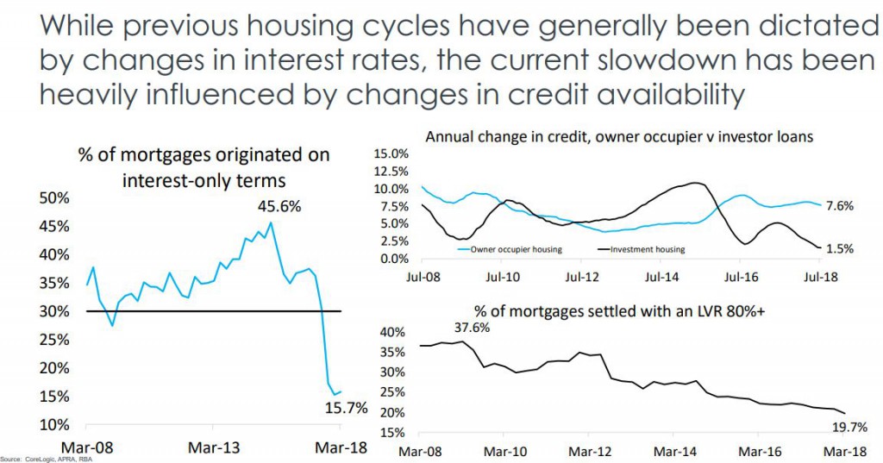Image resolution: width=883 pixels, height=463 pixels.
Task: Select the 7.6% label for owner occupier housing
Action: pos(839,206)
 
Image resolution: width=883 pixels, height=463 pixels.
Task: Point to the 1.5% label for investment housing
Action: pos(839,248)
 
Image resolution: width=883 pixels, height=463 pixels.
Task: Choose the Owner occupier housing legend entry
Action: pos(515,249)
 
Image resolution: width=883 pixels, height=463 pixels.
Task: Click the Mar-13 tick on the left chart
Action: pos(212,448)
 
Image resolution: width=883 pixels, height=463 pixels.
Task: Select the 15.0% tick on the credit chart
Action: pos(391,153)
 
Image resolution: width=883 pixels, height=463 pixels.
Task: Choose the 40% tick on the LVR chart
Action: pos(392,332)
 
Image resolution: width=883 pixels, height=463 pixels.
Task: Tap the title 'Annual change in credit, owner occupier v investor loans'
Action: pos(620,136)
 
